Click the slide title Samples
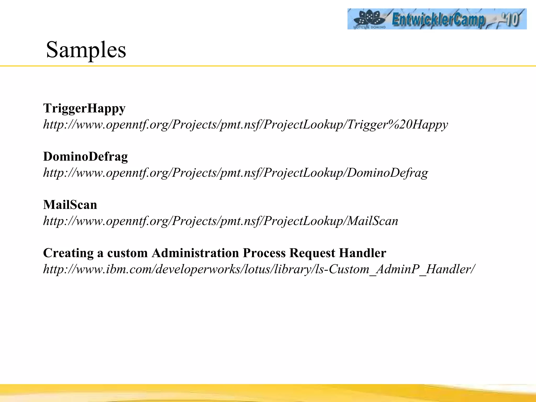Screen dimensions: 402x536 [86, 50]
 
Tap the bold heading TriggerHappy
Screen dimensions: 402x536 [84, 108]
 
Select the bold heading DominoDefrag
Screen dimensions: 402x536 [85, 157]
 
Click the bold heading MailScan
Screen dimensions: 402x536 [70, 205]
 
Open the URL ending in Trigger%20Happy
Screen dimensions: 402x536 [245, 124]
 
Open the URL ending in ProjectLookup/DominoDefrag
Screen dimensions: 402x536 [236, 173]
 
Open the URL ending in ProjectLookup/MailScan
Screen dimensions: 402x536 [220, 221]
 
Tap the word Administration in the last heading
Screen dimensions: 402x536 [195, 253]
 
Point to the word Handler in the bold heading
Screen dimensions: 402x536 [362, 253]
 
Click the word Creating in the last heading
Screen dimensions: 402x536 [68, 253]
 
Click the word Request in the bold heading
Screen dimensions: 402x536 [312, 253]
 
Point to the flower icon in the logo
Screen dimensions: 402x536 [369, 18]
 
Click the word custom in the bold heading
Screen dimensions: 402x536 [127, 253]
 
